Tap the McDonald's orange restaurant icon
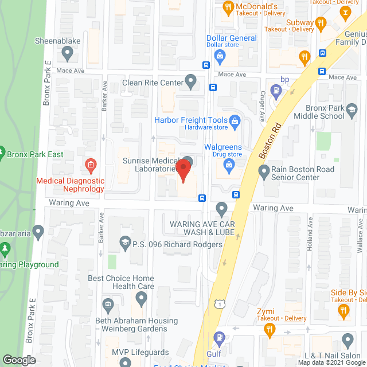(x=228, y=7)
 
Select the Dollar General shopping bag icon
(x=219, y=56)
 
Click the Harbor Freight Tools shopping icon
(x=234, y=120)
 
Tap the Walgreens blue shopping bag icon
(x=229, y=166)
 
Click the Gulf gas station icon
(x=218, y=338)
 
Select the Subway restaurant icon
(x=321, y=24)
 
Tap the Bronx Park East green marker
(x=2, y=154)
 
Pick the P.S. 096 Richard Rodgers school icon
(x=125, y=244)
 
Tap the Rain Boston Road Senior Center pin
(x=264, y=171)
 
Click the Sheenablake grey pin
(x=68, y=54)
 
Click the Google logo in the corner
(x=18, y=360)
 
